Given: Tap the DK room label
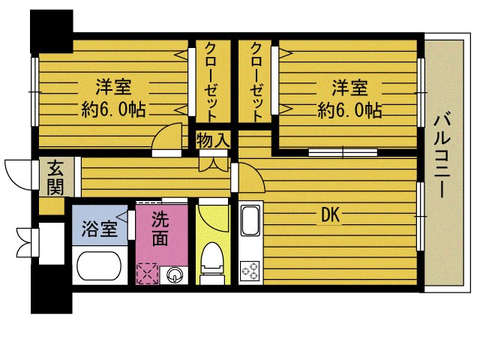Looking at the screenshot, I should click(x=331, y=216).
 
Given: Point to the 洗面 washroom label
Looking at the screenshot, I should click(x=160, y=229).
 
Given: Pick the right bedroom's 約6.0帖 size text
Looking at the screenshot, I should click(x=349, y=110).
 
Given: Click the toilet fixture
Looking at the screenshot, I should click(x=212, y=263).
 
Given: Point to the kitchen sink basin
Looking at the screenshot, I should click(x=250, y=221).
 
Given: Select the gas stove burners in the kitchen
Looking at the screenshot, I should click(x=250, y=271).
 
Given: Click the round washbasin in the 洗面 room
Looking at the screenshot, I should click(x=175, y=274).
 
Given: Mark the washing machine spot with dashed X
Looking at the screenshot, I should click(x=148, y=273).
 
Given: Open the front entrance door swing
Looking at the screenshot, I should click(x=18, y=175).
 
